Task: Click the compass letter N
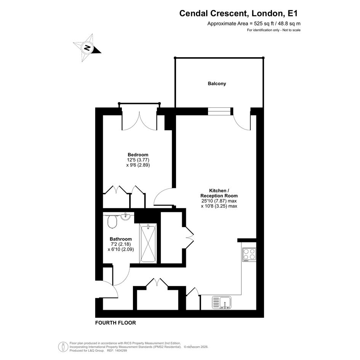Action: [x=87, y=48]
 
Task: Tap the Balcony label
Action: [x=217, y=83]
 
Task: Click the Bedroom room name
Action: [x=138, y=155]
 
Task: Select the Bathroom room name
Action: [x=120, y=239]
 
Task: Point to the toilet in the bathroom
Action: [x=112, y=221]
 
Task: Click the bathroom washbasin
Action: [x=126, y=216]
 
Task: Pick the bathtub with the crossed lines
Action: [x=148, y=243]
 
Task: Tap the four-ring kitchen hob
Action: [x=249, y=254]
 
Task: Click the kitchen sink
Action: [x=222, y=302]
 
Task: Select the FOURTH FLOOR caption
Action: [x=115, y=323]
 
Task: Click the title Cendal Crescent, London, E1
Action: [x=238, y=13]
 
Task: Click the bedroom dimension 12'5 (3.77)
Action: [x=138, y=160]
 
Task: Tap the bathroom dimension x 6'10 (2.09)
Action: [x=121, y=249]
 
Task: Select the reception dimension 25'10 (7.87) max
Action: [x=219, y=201]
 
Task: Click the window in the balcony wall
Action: [x=219, y=111]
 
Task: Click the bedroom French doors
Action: [x=139, y=121]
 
